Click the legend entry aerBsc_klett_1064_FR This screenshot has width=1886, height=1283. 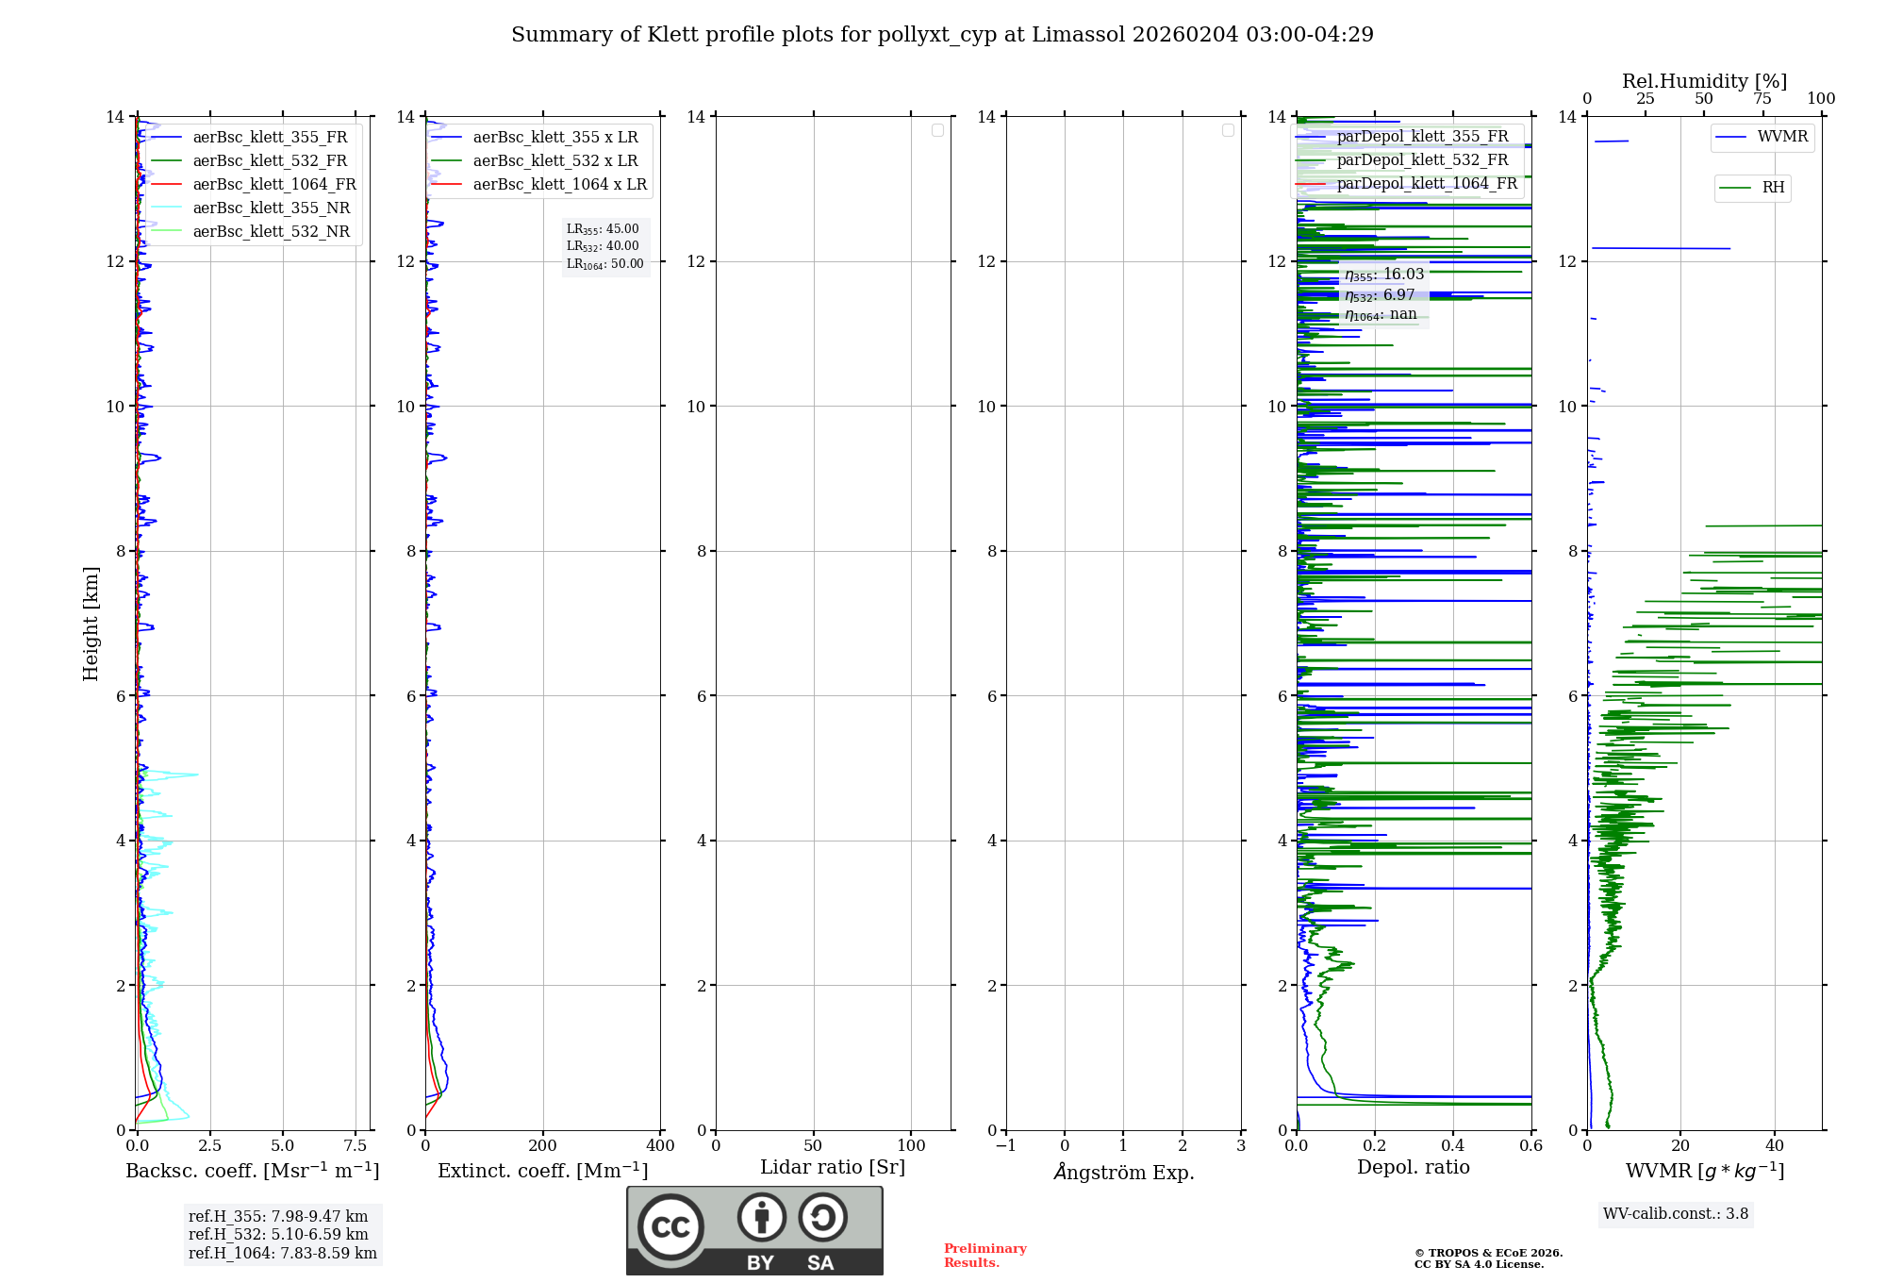coord(273,184)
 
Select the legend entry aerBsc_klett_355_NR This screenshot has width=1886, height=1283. coord(271,208)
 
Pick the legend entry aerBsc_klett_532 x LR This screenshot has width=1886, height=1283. coord(554,160)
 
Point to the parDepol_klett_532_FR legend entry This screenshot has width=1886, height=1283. coord(1422,159)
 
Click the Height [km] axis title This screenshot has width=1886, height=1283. coord(91,624)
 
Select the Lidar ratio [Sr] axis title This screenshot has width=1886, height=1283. coord(833,1167)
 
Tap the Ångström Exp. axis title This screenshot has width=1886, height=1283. coord(1123,1172)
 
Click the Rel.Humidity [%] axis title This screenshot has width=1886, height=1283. coord(1704,81)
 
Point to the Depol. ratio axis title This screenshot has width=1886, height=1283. coord(1413,1167)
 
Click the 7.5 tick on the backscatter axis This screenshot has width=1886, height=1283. coord(356,1145)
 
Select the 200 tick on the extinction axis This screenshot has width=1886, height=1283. coord(542,1145)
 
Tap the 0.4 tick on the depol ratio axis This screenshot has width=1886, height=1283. coord(1453,1145)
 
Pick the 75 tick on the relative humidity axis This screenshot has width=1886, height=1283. coord(1762,98)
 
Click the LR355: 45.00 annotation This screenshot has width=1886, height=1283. coord(603,229)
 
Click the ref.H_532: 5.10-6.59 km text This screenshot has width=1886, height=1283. coord(278,1234)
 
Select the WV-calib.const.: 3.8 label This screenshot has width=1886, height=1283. coord(1676,1213)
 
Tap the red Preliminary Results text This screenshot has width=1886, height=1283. coord(984,1255)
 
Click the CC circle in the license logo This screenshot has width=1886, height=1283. coord(670,1227)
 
